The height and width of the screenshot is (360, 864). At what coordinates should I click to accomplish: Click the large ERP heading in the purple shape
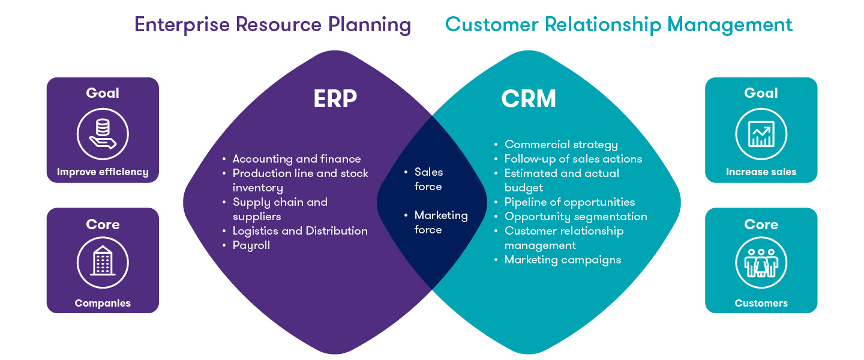pos(335,99)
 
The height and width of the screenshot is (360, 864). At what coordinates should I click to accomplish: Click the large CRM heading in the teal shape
pos(529,99)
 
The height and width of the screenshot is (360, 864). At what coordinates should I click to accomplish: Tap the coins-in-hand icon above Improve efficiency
pos(103,134)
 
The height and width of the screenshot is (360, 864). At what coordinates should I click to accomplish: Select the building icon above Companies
pos(103,263)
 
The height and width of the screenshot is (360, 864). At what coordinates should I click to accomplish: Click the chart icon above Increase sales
pos(761,134)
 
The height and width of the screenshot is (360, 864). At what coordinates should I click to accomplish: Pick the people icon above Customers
pos(761,263)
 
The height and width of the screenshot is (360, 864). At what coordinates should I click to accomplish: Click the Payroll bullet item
pos(251,245)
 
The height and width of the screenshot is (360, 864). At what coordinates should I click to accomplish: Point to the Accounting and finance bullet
pos(296,159)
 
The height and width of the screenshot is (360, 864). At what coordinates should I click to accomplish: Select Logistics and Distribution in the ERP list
pos(300,231)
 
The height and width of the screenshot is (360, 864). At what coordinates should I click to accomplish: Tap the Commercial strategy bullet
pos(561,145)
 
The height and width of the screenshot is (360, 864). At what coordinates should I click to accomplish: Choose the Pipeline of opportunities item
pos(569,202)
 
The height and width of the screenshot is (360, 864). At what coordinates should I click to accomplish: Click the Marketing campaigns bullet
pos(562,260)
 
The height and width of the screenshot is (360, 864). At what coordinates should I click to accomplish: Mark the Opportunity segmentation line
pos(575,217)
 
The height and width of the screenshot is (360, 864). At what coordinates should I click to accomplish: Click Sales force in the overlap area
pos(428,179)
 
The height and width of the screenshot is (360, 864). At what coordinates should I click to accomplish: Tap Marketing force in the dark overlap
pos(440,222)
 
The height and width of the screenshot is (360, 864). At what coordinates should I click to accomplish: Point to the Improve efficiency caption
pos(103,172)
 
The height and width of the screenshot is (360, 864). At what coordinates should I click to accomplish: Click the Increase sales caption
pos(761,172)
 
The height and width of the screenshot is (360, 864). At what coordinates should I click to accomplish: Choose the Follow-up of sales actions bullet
pos(573,159)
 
